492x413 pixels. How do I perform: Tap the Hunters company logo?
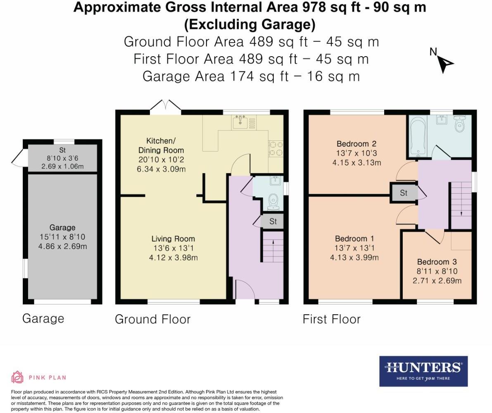pos(423,371)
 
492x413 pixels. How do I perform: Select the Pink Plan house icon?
pos(17,377)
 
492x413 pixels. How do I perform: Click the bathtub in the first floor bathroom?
pos(418,136)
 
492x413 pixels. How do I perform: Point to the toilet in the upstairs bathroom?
pos(460,124)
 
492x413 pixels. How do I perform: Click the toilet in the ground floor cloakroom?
pos(273,202)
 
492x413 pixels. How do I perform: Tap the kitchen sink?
pos(240,122)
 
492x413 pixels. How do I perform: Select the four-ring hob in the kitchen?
pos(276,149)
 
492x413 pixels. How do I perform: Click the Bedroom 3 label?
pos(437,262)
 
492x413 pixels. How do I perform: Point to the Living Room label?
pos(173,239)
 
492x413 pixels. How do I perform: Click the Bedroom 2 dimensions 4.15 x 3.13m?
pos(357,163)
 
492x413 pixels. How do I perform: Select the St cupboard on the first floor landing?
pos(404,193)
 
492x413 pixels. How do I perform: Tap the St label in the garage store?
pos(62,150)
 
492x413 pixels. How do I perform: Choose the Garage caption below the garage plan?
pos(43,319)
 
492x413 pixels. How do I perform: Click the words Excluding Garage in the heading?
pos(250,24)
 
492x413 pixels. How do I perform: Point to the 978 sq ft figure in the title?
pos(332,7)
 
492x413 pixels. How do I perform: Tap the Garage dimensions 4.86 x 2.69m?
pos(62,247)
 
